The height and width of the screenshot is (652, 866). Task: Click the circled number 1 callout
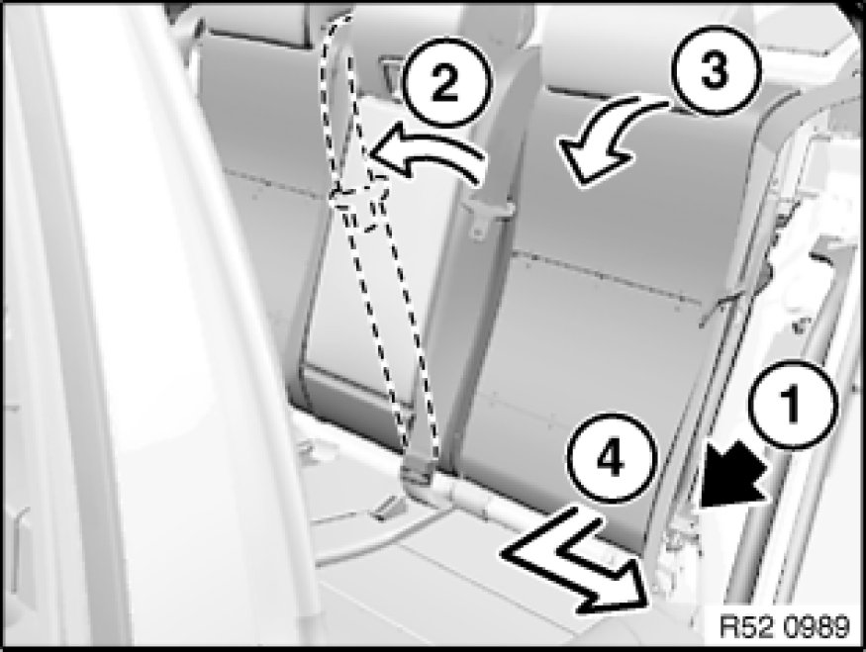793,405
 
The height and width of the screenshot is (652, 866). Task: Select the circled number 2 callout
445,84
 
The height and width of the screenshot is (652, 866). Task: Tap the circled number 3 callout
716,70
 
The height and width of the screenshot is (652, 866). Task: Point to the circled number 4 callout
612,458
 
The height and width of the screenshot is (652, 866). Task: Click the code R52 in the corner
743,627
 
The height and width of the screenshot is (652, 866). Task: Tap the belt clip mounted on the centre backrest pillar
487,216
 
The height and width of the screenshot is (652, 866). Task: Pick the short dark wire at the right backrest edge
723,309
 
